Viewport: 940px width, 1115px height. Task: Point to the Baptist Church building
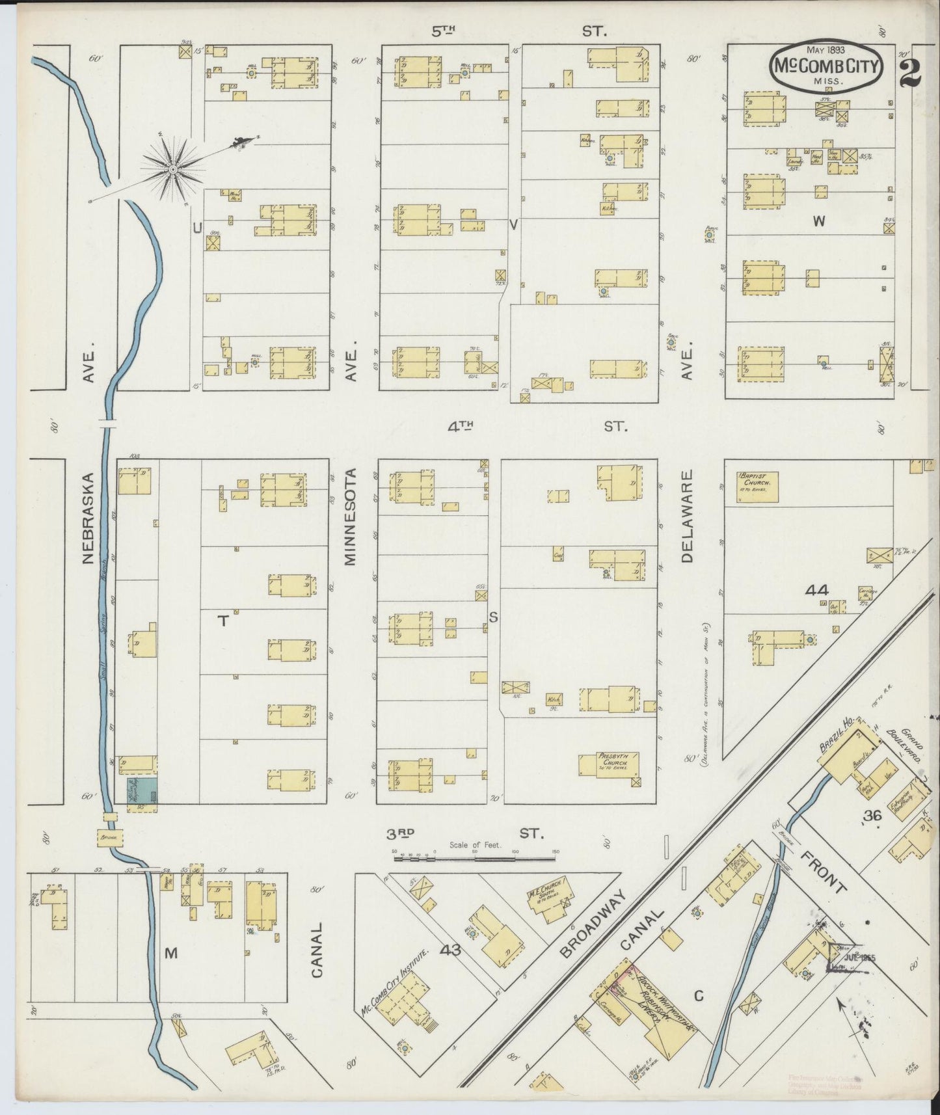pos(757,487)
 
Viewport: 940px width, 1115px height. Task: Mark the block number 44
pos(816,590)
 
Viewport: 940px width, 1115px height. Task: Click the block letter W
pos(818,221)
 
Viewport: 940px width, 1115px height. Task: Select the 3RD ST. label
pos(466,833)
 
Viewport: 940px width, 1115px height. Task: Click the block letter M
pos(170,953)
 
